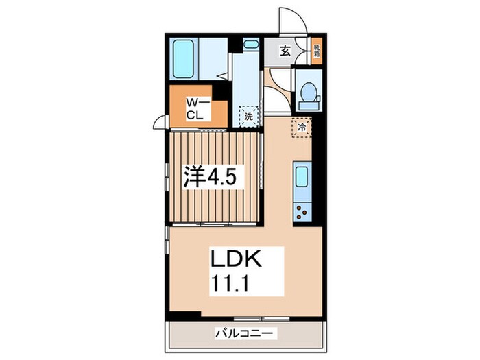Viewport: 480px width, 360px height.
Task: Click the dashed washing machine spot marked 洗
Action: click(x=249, y=116)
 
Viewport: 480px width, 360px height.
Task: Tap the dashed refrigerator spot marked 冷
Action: click(x=301, y=127)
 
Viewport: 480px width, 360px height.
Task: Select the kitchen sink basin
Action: click(x=301, y=178)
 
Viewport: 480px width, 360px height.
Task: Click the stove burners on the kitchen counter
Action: click(x=301, y=211)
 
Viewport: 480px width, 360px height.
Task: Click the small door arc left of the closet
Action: click(x=160, y=123)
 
